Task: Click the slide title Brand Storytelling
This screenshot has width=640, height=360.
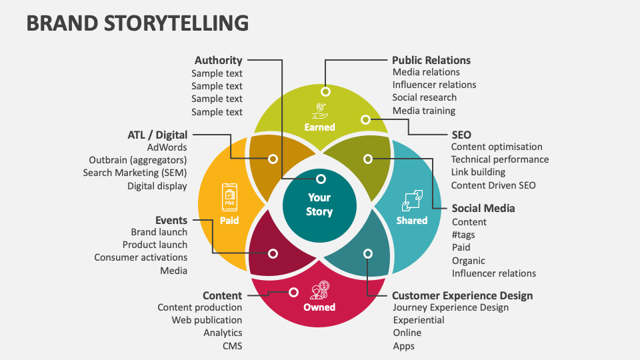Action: click(137, 23)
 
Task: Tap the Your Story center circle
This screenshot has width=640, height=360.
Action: click(319, 205)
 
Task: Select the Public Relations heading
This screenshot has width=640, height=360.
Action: click(431, 60)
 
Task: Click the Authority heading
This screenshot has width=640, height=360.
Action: click(218, 60)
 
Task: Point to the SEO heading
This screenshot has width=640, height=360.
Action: click(461, 135)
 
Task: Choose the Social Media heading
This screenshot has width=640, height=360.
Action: click(483, 208)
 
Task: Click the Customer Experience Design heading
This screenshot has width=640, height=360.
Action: click(462, 295)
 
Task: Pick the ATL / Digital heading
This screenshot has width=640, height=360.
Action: click(157, 135)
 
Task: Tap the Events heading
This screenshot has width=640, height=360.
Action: click(171, 220)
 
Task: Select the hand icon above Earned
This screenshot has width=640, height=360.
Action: click(320, 110)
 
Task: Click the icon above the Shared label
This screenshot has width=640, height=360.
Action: click(411, 201)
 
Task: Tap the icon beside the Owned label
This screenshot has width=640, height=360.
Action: click(319, 291)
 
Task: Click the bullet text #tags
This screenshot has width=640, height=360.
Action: click(463, 235)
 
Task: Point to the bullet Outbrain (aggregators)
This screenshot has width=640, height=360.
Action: click(137, 160)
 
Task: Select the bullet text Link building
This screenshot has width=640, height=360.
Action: click(478, 173)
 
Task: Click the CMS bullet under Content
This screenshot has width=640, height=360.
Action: click(232, 345)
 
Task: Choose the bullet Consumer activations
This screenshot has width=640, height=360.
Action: click(141, 257)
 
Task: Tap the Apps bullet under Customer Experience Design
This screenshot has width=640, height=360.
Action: click(403, 345)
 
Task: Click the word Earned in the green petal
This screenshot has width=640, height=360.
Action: click(319, 127)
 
